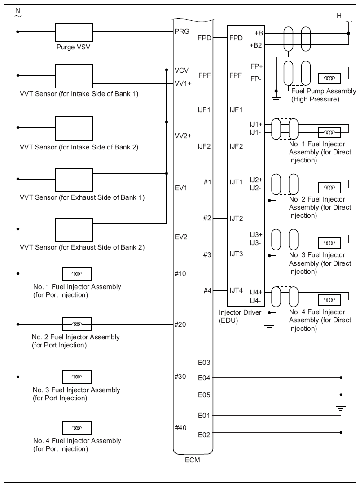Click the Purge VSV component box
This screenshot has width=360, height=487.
pos(74,32)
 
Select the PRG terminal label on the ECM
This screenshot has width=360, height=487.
pos(182,31)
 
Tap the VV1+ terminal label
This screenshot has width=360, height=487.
pos(183,83)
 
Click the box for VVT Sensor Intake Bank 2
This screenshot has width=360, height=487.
pos(74,128)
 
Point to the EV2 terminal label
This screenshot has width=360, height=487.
pos(181,237)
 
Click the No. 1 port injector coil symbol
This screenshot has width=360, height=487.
pos(77,274)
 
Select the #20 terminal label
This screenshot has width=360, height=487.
pos(180,324)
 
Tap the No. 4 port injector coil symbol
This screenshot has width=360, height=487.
pos(77,428)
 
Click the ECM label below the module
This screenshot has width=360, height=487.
pos(193,460)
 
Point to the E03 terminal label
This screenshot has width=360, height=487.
pos(204,363)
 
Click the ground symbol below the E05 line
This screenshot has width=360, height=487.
pos(341,408)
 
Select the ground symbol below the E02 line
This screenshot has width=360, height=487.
pos(341,449)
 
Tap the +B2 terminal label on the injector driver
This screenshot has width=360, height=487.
pos(255,45)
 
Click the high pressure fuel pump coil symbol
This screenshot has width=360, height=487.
pos(329,79)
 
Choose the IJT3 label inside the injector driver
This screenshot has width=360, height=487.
pos(236,254)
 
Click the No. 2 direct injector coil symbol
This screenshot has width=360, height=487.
pos(329,188)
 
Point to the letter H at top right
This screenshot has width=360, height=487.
pos(339,16)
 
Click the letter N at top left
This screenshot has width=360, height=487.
pos(18,11)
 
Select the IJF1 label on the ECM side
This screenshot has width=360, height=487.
pos(204,110)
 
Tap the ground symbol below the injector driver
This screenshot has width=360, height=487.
pos(269,327)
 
